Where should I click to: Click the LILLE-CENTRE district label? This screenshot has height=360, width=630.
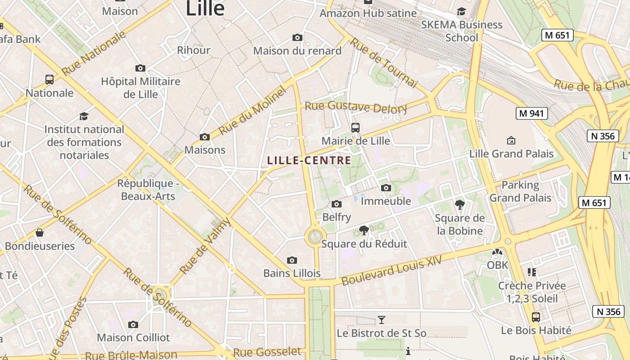[x=309, y=160]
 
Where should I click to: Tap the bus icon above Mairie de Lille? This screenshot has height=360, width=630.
[x=355, y=128]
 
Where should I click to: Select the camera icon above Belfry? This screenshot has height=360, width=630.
[x=337, y=204]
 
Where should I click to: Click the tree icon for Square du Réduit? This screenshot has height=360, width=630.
[x=364, y=231]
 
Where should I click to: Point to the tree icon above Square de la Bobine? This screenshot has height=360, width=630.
[x=460, y=205]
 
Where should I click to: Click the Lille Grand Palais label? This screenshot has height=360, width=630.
[x=511, y=153]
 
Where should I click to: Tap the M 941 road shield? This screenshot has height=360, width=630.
[x=531, y=113]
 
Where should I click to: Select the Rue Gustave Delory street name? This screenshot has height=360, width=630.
[x=356, y=107]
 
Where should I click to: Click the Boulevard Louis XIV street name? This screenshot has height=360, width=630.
[x=391, y=269]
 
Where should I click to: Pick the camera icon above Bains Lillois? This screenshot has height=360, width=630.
[x=292, y=260]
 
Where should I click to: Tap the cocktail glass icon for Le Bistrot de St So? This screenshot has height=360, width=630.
[x=382, y=320]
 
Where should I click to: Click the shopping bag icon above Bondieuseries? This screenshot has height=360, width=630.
[x=40, y=233]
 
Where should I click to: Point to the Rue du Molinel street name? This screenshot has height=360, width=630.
[x=253, y=112]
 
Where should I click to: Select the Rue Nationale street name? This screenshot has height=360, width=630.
[x=94, y=53]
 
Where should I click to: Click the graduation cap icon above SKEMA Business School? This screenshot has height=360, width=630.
[x=461, y=11]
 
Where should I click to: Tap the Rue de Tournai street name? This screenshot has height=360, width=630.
[x=384, y=62]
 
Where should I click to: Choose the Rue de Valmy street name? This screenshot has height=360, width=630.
[x=205, y=246]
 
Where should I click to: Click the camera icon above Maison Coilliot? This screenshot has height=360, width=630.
[x=133, y=324]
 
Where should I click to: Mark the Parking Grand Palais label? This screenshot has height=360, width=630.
[x=520, y=191]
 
